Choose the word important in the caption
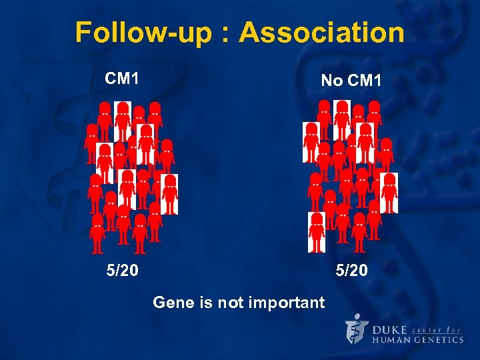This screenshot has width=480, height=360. pos(286,303)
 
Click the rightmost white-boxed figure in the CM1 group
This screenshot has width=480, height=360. pos(170,194)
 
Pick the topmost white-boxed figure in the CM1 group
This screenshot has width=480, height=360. pos(122,121)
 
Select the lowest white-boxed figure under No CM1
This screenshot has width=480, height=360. pos(317,232)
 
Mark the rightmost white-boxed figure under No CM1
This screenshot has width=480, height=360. pos(389,193)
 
